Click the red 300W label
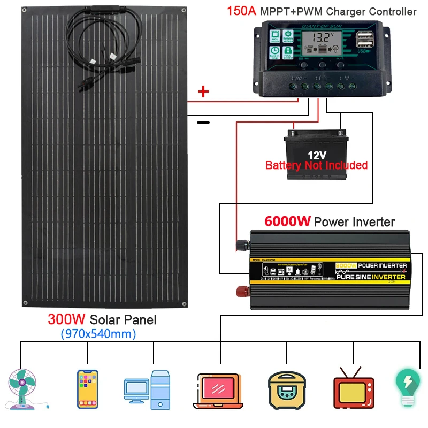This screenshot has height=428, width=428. pos(67,320)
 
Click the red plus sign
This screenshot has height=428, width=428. pos(203,92)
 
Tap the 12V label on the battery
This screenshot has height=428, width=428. pos(316,155)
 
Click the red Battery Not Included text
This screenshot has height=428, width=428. pos(316,165)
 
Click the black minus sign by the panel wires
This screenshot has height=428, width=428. pos(203,123)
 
